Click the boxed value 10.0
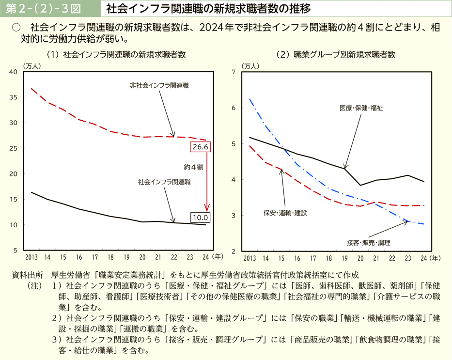pos(200,218)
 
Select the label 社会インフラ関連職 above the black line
pos(164,182)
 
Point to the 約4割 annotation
pos(193,166)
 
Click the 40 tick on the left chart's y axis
pos(14,72)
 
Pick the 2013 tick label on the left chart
pos(31,257)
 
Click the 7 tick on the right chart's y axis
pos(234,72)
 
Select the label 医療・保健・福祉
pos(361,108)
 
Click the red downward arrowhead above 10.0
pos(207,209)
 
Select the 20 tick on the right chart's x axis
pos(360,257)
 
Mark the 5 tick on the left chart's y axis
pos(16,250)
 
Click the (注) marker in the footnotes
pos(35,285)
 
